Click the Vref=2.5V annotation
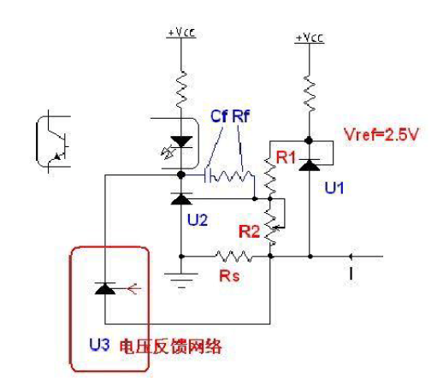[381, 134]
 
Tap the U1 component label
[334, 188]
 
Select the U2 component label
[198, 220]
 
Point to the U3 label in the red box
[99, 345]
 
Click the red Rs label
[229, 275]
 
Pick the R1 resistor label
[286, 157]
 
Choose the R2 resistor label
[249, 231]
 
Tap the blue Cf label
[219, 116]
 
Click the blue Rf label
[241, 116]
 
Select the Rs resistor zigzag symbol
[233, 257]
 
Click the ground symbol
[180, 281]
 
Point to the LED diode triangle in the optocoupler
[181, 142]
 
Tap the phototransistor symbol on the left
[54, 142]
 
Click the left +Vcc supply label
[181, 32]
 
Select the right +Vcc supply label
[310, 38]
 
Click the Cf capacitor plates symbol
[208, 174]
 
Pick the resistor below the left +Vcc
[181, 90]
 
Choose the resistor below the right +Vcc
[310, 94]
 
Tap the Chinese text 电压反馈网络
[170, 346]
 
